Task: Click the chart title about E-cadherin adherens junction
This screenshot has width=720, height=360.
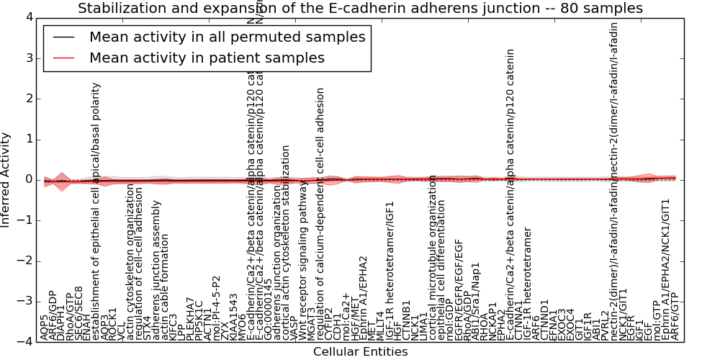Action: (360, 9)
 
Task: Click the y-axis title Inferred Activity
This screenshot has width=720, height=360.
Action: (6, 179)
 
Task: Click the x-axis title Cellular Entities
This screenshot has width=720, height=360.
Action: (360, 352)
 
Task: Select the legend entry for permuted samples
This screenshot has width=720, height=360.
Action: (227, 37)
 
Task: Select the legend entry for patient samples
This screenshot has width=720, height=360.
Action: (207, 58)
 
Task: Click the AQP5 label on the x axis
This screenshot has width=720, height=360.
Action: (45, 327)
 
